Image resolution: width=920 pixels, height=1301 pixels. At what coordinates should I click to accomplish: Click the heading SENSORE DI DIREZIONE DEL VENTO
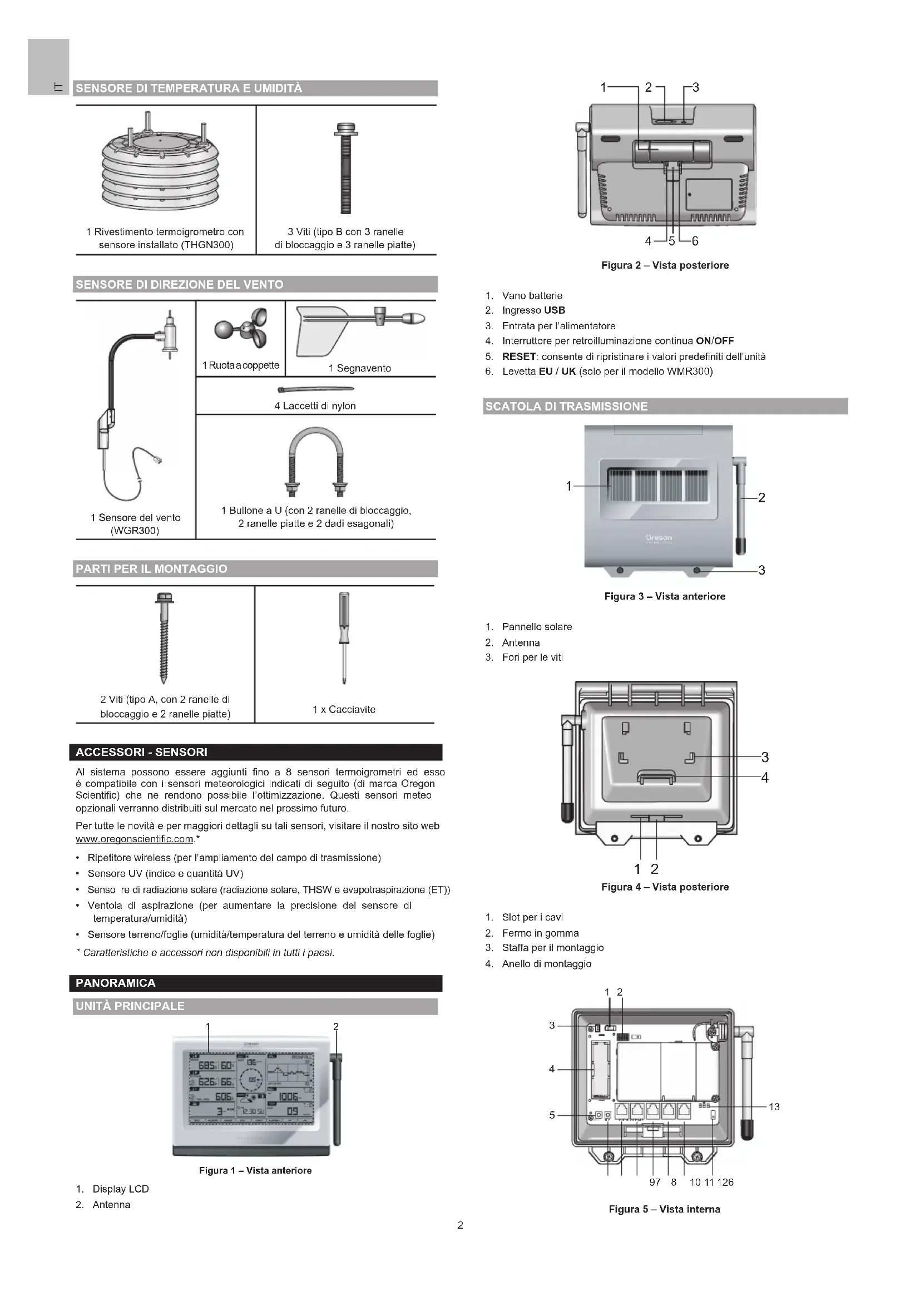pos(180,284)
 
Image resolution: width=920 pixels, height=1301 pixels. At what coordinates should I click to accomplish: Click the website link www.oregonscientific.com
pos(134,839)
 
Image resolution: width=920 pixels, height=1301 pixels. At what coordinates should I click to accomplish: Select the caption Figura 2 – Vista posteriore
pos(665,265)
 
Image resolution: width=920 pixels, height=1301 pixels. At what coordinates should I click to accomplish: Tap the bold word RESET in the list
pos(518,357)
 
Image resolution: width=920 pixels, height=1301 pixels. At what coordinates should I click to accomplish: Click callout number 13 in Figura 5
pos(774,1107)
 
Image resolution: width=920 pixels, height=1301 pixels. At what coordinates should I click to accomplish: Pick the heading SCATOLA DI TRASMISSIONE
pos(566,406)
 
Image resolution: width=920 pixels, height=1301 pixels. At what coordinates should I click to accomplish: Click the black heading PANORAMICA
pos(116,982)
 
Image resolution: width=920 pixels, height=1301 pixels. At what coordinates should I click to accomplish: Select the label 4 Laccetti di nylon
pos(315,405)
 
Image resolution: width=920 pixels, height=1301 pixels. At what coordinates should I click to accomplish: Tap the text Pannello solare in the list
pos(536,627)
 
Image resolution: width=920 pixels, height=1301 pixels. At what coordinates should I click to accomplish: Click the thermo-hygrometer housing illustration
pos(161,164)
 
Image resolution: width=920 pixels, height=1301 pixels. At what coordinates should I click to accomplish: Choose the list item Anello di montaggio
pos(546,963)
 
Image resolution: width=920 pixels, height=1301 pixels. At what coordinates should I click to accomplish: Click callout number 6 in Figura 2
pos(695,241)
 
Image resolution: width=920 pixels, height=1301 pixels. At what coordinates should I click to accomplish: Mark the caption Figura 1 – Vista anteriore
pos(255,1170)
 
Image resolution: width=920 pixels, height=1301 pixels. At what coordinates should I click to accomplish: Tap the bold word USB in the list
pos(555,310)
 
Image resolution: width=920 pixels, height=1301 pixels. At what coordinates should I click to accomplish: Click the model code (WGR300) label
pos(135,531)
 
